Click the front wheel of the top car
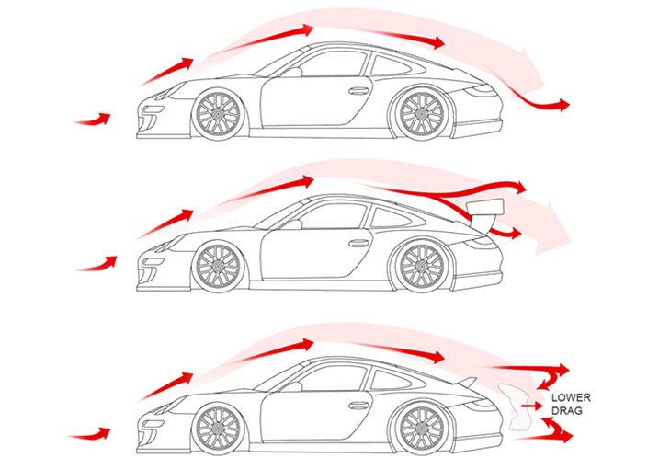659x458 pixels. (218, 113)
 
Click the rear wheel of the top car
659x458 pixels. (418, 113)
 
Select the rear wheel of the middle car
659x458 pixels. (418, 267)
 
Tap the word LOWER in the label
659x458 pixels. (570, 398)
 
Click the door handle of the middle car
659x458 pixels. (359, 243)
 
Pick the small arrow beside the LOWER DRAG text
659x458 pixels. (532, 403)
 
